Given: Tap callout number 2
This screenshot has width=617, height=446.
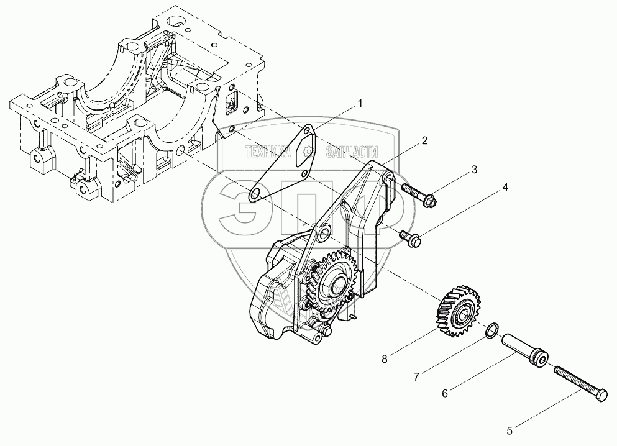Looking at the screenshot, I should coord(424,140).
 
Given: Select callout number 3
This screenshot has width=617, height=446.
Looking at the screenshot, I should coord(473,170).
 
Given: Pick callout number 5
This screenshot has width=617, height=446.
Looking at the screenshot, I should coord(510,429).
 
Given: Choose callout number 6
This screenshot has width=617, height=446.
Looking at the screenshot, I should coord(444,393).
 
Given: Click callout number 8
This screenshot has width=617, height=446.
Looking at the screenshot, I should coord(385,358).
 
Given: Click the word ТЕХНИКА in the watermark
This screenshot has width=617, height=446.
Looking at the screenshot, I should coord(268,152).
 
